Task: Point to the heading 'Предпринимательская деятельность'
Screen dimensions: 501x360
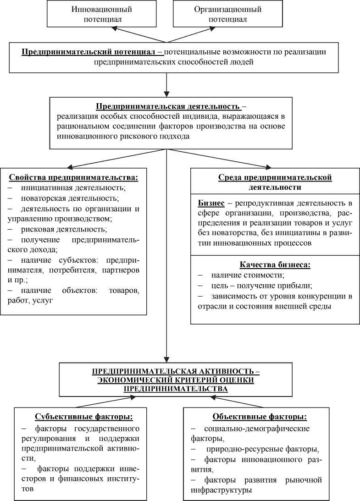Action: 167,106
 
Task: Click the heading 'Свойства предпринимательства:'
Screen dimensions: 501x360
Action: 73,177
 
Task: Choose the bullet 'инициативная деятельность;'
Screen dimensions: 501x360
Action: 73,188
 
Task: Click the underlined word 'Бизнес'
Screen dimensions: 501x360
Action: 210,203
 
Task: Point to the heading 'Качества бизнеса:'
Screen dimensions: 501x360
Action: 274,264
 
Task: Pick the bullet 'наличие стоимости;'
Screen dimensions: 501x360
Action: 248,275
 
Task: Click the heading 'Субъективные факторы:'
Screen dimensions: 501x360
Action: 84,417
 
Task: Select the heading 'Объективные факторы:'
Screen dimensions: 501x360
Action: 260,417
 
